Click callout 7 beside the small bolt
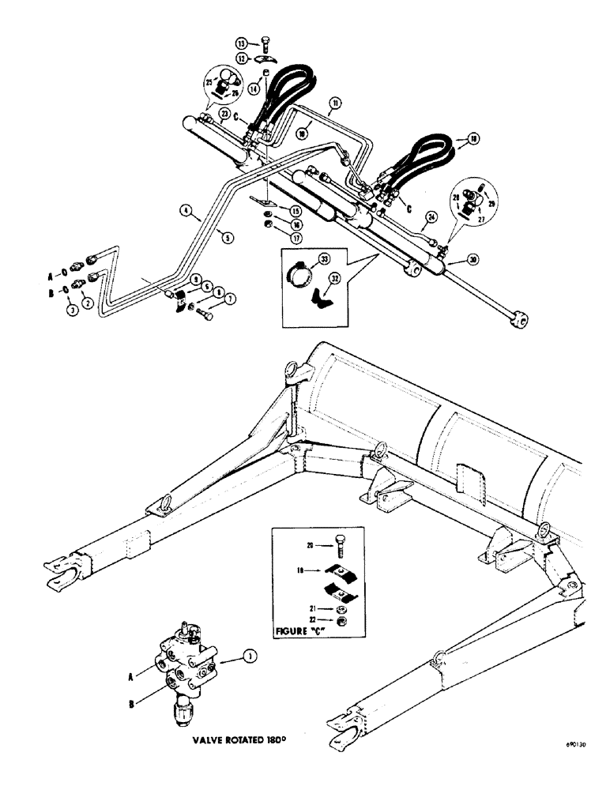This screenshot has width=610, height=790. coord(230,300)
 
